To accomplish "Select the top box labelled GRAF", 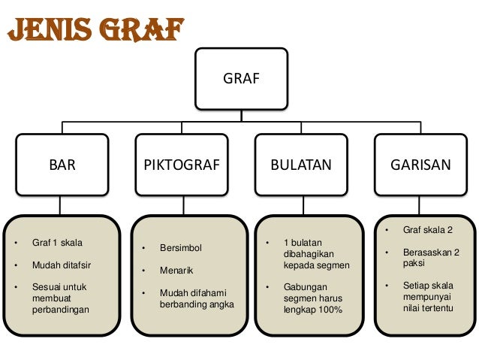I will click(x=242, y=77).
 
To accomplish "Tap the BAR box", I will click(x=62, y=165).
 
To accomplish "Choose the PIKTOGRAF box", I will click(x=182, y=165).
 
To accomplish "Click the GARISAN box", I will click(x=420, y=165).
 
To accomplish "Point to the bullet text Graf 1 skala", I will click(x=57, y=244).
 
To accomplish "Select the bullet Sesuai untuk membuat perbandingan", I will click(x=59, y=298).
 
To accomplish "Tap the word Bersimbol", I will click(x=181, y=248).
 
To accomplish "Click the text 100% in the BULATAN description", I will click(x=330, y=310).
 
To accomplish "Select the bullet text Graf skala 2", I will click(x=429, y=230).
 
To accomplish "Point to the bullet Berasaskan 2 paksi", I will click(x=431, y=258).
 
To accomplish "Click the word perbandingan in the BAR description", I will click(x=59, y=310).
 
